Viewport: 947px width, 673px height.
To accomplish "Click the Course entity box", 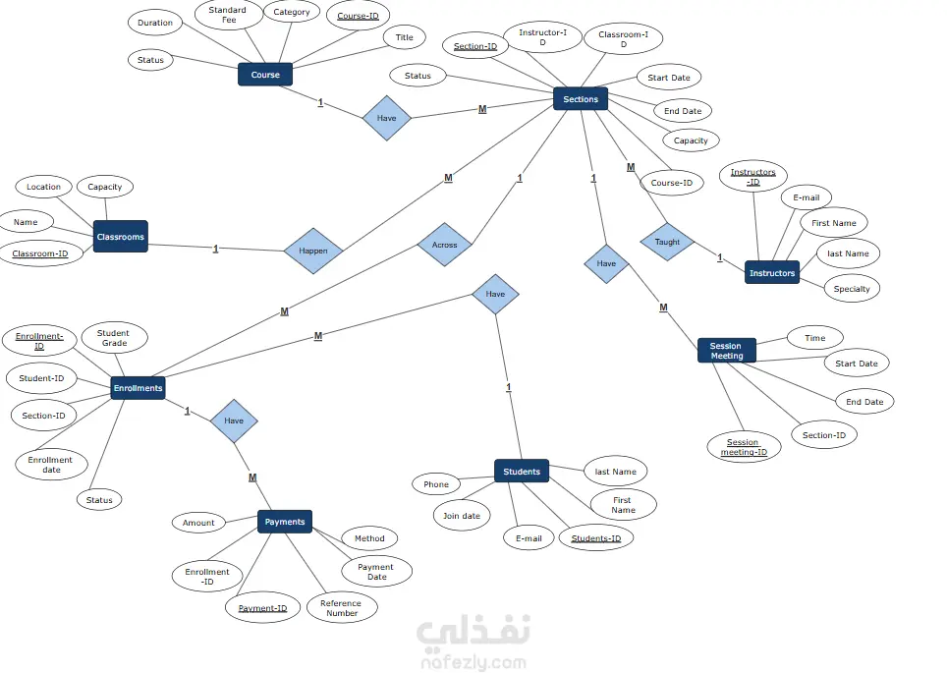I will pos(265,75).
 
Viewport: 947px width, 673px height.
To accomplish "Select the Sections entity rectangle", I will pos(581,99).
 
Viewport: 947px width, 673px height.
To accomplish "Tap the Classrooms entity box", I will pos(121,237).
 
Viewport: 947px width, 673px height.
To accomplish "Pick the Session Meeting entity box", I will pos(726,351).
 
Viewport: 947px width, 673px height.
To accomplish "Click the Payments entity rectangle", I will pos(285,522).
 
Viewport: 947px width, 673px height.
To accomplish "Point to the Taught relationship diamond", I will pos(667,242).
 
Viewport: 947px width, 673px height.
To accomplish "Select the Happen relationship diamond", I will pos(313,251).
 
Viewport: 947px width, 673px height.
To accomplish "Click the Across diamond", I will pos(445,245).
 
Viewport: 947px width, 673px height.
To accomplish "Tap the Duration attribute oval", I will pos(155,23).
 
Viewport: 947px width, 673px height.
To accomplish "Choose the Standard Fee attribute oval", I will pos(228,15).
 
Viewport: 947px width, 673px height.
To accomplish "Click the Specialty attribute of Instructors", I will pos(852,289).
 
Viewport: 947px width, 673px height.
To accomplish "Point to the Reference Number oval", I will pos(342,608).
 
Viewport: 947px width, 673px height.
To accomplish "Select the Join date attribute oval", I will pos(462,516).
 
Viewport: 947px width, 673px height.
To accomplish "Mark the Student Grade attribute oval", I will pos(114,338).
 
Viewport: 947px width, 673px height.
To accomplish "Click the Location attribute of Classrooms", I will pos(43,187).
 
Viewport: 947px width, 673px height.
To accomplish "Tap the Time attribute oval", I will pos(815,338).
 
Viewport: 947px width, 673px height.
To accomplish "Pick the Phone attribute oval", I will pos(436,484).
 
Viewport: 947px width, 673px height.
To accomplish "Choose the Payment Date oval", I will pos(376,572).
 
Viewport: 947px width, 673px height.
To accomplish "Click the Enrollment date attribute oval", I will pos(51,465).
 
